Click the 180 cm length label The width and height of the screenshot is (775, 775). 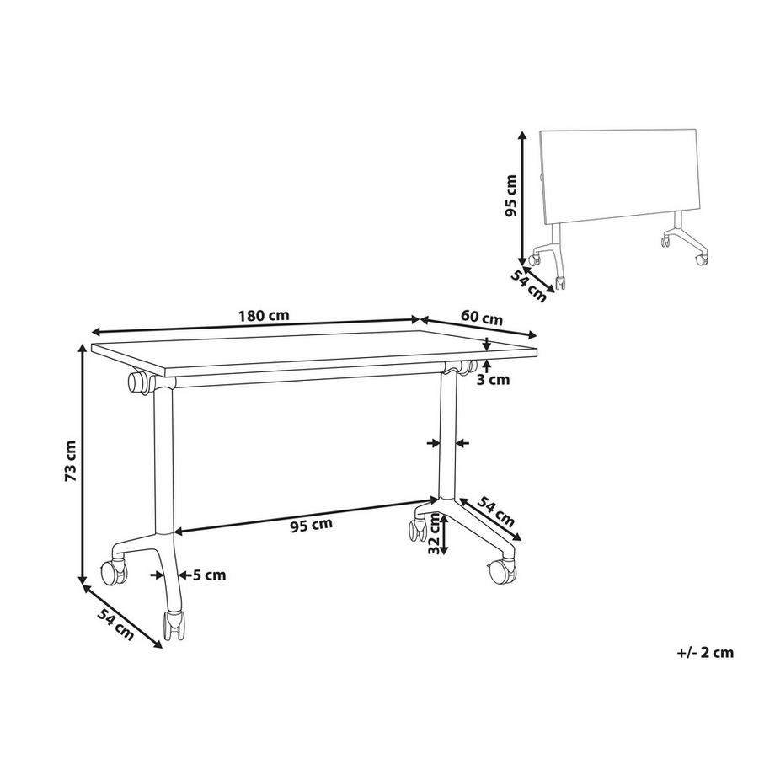tap(264, 315)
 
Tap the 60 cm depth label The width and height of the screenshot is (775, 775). tap(481, 317)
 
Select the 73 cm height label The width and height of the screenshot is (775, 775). tap(70, 461)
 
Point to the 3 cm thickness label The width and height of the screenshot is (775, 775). tap(493, 380)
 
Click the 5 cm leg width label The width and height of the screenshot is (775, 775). tap(209, 575)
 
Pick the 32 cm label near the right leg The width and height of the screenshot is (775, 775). tap(434, 535)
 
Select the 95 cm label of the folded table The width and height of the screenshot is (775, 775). tap(510, 195)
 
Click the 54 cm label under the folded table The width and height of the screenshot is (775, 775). tap(528, 287)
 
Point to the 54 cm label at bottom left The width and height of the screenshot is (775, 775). tap(115, 625)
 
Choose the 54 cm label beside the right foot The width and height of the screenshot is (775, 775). tap(495, 511)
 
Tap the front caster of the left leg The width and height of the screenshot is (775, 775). tap(174, 626)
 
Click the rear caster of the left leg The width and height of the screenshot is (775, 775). tap(114, 571)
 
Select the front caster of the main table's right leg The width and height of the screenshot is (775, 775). tap(502, 570)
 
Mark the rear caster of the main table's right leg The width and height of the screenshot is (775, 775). tap(417, 529)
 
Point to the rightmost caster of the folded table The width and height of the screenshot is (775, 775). tap(702, 259)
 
